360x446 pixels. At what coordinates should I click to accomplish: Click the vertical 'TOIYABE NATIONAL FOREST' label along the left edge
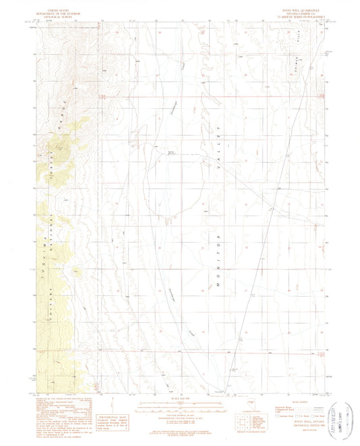click(50, 257)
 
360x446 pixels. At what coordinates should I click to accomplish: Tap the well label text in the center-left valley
click(172, 153)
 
